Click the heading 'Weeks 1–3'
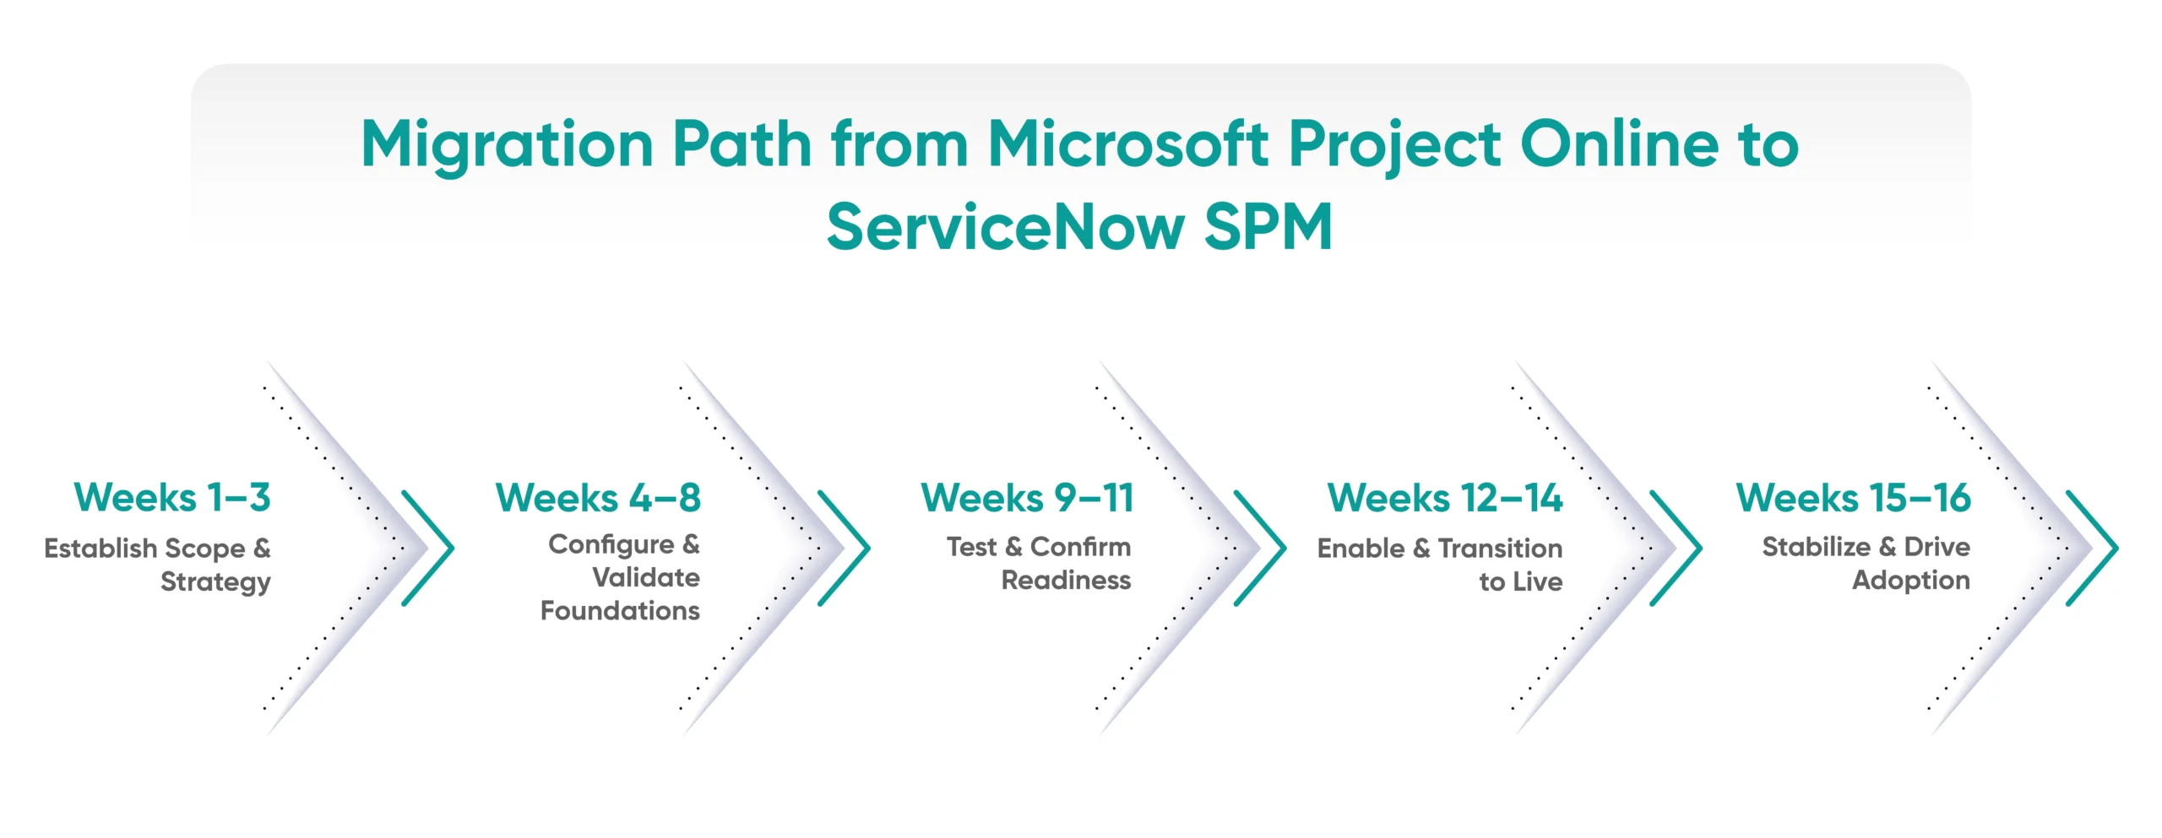coord(172,498)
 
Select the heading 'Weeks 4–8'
coord(598,498)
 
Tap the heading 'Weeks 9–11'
coord(1027,498)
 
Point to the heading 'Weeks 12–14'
coord(1444,498)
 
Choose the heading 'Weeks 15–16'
coord(1853,498)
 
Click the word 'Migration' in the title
coord(507,145)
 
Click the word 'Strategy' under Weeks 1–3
coord(215,582)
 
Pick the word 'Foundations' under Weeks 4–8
coord(620,610)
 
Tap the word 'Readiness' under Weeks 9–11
coord(1066,581)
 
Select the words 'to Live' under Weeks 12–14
coord(1520,581)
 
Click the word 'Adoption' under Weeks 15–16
coord(1910,581)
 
